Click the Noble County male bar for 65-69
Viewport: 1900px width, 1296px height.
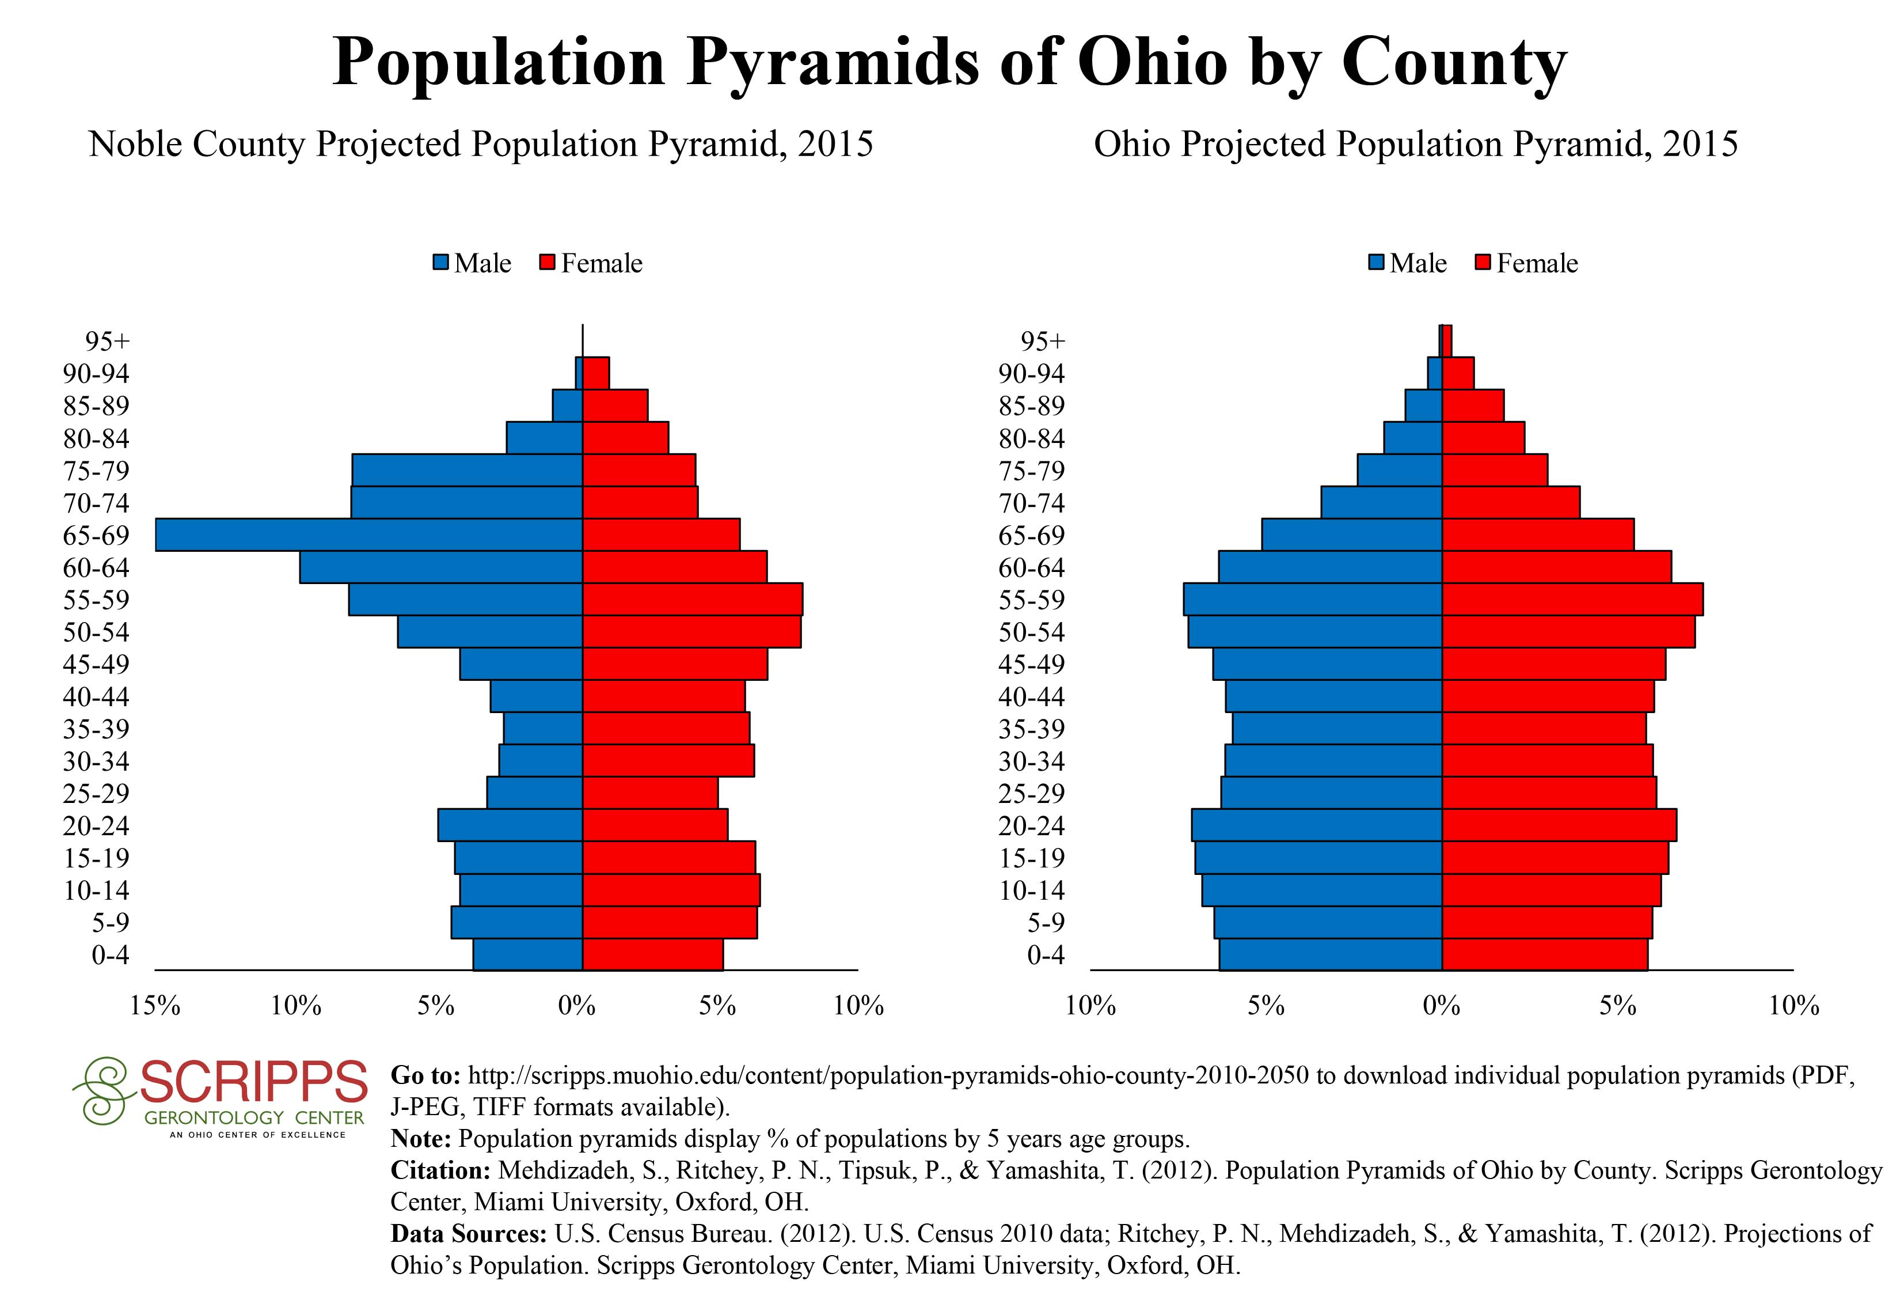368,535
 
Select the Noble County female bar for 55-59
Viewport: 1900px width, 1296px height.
693,600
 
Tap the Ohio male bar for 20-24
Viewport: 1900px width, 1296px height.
1317,825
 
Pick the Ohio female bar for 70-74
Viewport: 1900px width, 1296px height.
1511,502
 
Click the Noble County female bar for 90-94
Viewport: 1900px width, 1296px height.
596,373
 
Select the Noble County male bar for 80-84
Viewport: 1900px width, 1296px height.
545,437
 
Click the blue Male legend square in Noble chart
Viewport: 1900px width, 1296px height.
442,263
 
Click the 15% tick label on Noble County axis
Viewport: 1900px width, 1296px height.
155,1006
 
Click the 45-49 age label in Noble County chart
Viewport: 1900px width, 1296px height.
97,664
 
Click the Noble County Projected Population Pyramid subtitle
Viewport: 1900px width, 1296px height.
481,144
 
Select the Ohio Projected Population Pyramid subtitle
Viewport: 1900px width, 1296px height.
1416,144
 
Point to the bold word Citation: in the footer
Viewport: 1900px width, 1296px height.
440,1170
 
